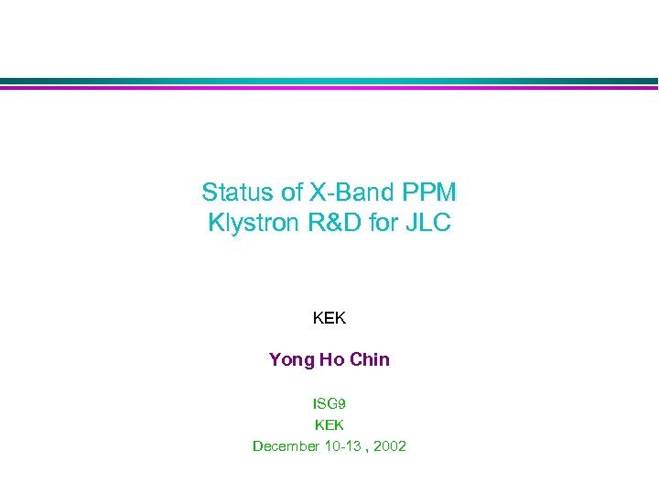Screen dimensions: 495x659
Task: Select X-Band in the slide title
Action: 336,192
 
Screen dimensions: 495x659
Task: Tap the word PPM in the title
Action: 428,192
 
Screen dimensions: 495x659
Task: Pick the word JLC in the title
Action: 429,223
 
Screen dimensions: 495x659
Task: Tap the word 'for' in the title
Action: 385,223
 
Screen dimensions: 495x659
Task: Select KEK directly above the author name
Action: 329,318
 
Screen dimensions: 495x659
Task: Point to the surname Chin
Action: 370,359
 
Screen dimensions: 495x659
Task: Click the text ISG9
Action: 329,403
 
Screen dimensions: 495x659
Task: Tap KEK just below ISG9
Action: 329,424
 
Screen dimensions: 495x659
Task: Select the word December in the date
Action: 286,446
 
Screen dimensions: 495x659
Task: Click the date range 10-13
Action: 342,446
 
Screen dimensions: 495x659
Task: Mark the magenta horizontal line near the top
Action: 329,88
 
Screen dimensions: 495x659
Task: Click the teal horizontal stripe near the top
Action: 329,81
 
